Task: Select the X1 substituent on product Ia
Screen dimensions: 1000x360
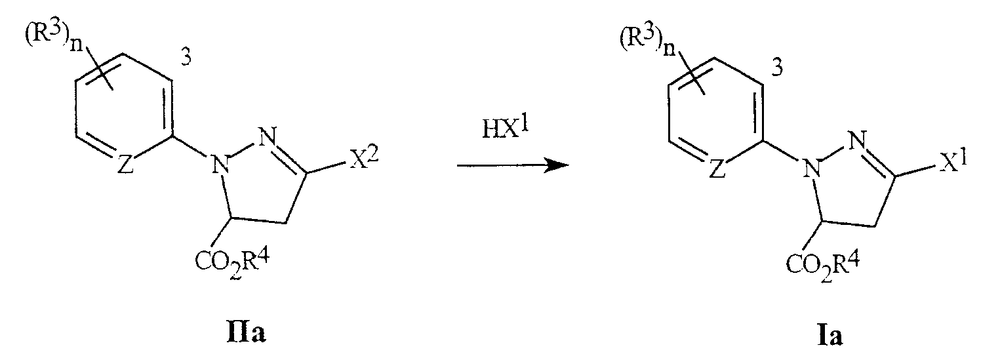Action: click(953, 163)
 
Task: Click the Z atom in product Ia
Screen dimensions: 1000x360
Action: click(717, 170)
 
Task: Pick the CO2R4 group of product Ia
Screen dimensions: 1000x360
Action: click(823, 266)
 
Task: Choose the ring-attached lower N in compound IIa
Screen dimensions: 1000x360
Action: click(220, 165)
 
